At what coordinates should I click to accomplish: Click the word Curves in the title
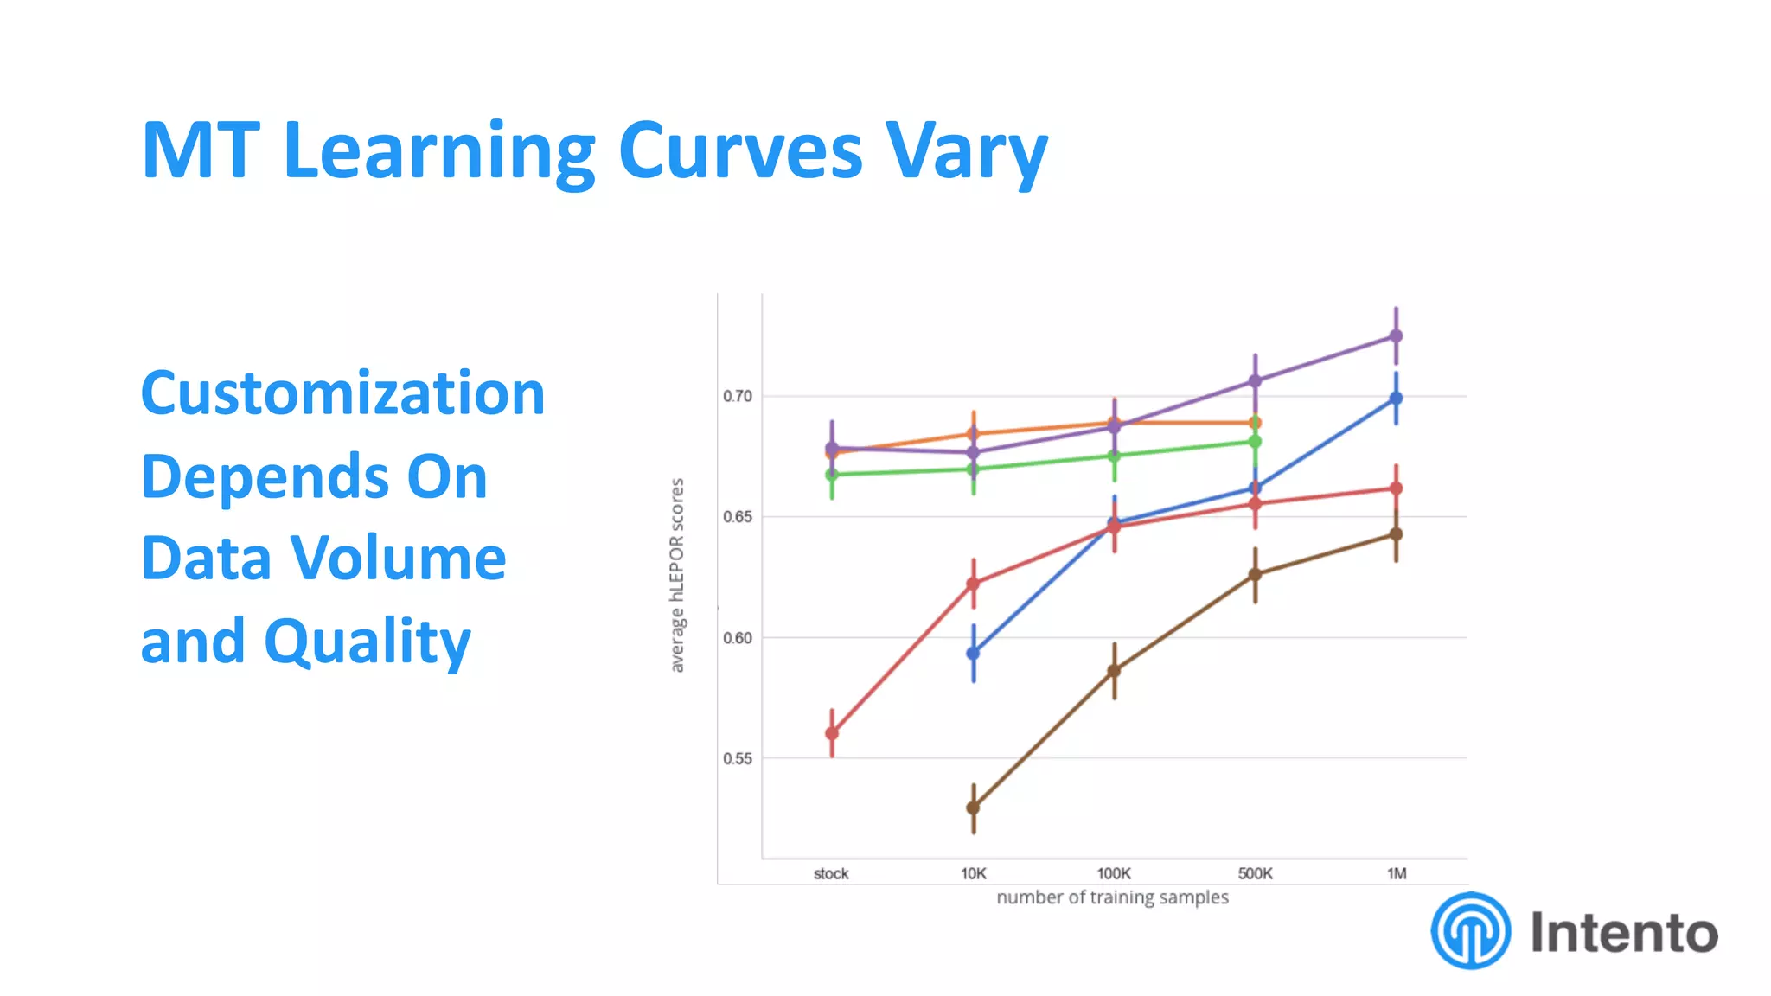pos(740,150)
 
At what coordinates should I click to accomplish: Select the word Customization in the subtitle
pos(342,393)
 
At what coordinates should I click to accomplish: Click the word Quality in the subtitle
pos(368,642)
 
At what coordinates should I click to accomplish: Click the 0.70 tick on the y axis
pos(738,396)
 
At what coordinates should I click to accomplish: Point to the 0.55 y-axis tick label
pos(738,758)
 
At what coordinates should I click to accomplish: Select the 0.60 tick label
pos(738,638)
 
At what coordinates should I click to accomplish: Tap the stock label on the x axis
pos(831,873)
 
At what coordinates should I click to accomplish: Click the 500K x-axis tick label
pos(1255,873)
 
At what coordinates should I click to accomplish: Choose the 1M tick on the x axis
pos(1397,873)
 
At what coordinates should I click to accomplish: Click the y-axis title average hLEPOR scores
pos(677,575)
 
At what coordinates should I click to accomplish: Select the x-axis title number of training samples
pos(1112,897)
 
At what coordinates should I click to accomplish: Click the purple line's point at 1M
pos(1396,335)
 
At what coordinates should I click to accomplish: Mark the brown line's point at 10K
pos(973,808)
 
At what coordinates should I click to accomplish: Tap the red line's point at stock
pos(832,733)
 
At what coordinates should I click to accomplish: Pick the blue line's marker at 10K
pos(973,653)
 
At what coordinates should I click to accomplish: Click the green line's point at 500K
pos(1255,442)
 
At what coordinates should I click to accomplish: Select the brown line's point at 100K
pos(1114,670)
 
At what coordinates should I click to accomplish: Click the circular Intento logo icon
pos(1471,931)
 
